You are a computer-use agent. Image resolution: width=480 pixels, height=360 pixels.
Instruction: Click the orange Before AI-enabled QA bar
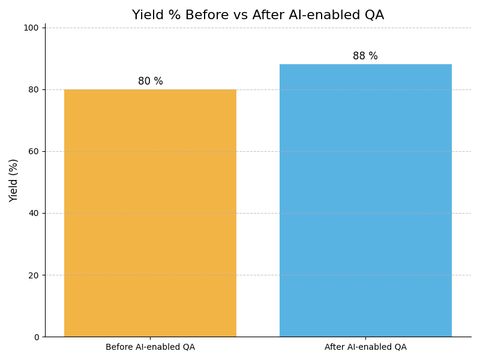coord(150,213)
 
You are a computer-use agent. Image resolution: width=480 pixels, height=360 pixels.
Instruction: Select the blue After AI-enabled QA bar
coord(365,200)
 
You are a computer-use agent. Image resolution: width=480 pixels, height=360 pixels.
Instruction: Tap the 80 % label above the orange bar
coord(150,81)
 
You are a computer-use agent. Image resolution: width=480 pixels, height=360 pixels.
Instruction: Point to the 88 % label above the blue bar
coord(365,56)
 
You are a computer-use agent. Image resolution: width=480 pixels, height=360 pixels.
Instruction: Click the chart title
coord(258,15)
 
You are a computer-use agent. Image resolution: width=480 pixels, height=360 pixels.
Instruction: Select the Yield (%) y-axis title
coord(14,180)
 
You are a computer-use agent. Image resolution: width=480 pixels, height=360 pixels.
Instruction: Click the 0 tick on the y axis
coord(36,337)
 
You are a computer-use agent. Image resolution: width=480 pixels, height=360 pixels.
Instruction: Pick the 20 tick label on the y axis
coord(34,275)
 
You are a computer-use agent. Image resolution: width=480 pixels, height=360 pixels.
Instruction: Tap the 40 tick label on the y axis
coord(34,213)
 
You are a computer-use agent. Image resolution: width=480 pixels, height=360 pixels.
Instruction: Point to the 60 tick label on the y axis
coord(34,151)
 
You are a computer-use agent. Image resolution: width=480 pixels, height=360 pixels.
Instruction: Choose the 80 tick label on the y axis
coord(34,89)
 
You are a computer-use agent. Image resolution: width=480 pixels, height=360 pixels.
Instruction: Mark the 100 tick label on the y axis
coord(31,28)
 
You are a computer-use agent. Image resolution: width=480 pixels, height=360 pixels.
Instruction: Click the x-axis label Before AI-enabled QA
coord(150,347)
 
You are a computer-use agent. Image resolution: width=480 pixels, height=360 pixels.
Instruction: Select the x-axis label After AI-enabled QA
coord(365,347)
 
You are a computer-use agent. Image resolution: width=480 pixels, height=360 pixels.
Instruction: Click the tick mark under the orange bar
coord(150,338)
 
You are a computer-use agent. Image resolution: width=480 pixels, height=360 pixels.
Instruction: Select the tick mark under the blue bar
coord(365,338)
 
